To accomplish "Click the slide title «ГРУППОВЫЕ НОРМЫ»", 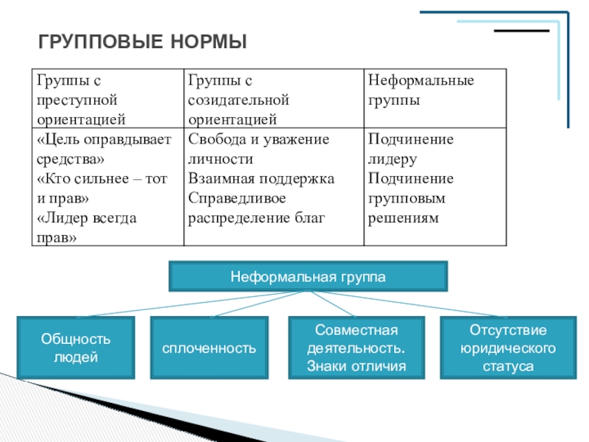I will point(142,41).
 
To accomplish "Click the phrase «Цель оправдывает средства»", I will point(104,149).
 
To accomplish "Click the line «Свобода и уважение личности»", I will point(258,149).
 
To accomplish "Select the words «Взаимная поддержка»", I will point(261,178).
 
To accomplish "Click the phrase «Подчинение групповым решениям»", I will point(410,198).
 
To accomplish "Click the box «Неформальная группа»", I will point(308,276).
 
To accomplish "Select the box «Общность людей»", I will point(76,348).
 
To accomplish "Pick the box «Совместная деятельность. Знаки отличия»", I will point(356,348).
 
